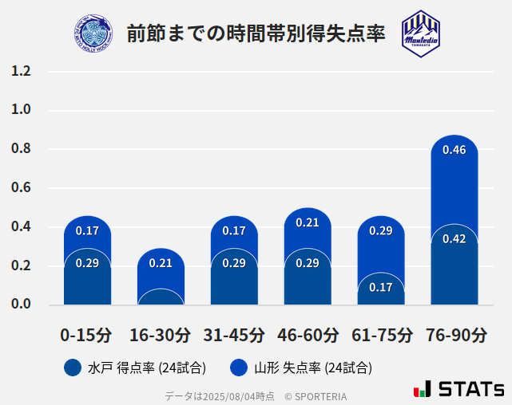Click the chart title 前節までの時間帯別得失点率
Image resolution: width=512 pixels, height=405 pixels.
pyautogui.click(x=256, y=33)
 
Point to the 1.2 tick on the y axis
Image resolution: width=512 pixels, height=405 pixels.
pyautogui.click(x=21, y=72)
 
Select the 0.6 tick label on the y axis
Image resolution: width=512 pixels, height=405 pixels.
pyautogui.click(x=21, y=188)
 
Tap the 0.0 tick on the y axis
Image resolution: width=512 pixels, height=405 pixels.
pyautogui.click(x=21, y=305)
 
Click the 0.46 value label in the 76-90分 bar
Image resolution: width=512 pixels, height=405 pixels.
pyautogui.click(x=454, y=150)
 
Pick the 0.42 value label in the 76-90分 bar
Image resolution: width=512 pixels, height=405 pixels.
pyautogui.click(x=454, y=239)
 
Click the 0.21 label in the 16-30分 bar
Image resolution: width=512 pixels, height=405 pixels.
pyautogui.click(x=161, y=263)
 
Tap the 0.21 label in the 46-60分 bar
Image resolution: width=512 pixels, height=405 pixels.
pyautogui.click(x=308, y=223)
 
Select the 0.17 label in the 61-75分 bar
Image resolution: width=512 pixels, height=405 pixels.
pyautogui.click(x=380, y=287)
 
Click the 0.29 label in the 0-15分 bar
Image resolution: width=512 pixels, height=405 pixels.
pyautogui.click(x=87, y=263)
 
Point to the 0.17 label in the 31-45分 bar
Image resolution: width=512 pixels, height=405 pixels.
pyautogui.click(x=234, y=231)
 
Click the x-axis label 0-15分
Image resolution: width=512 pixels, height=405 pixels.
pyautogui.click(x=86, y=335)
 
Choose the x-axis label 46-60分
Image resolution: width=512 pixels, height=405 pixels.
pyautogui.click(x=308, y=335)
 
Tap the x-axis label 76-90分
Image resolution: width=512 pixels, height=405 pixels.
pyautogui.click(x=455, y=335)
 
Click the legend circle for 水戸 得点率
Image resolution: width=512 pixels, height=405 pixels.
pyautogui.click(x=72, y=368)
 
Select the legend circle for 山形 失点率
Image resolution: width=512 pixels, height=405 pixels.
pyautogui.click(x=238, y=368)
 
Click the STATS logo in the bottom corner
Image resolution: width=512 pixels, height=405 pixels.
pyautogui.click(x=458, y=389)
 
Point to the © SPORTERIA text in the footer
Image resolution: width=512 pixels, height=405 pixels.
pyautogui.click(x=316, y=396)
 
